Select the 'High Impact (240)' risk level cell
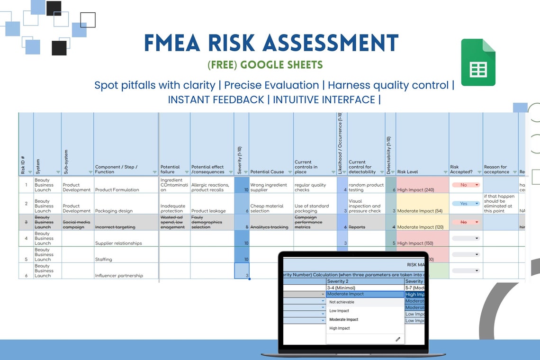pos(416,190)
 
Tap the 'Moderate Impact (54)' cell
pos(420,211)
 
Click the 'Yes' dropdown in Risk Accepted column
pos(465,203)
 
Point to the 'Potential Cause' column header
pos(267,172)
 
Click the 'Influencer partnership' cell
pos(119,275)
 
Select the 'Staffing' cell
pos(103,260)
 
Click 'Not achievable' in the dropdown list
pos(342,302)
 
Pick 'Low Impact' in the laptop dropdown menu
pos(339,311)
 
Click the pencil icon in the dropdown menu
pos(398,339)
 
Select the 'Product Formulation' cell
pos(117,190)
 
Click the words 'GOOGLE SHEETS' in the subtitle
pos(281,65)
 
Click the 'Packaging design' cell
pos(114,211)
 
